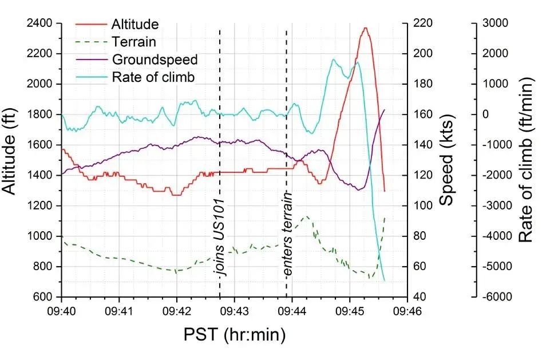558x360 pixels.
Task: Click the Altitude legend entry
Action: pos(135,24)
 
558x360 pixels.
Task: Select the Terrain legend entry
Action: pos(134,42)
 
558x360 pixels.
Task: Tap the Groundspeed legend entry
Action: pos(155,60)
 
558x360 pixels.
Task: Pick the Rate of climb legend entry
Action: pos(153,77)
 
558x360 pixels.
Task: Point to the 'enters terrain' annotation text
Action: pos(288,235)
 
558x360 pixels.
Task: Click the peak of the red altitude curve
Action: pos(365,28)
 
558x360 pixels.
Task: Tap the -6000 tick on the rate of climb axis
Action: pos(493,297)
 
